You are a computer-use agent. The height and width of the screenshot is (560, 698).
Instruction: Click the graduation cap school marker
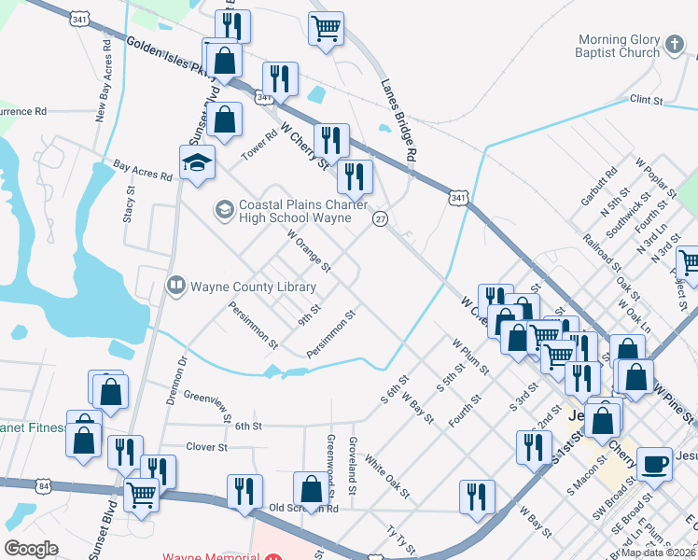tap(197, 164)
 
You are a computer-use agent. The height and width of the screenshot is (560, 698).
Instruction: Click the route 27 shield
tap(380, 218)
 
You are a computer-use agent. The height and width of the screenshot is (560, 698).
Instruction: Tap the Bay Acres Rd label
tap(143, 169)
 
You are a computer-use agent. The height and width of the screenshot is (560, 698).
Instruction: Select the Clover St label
tap(207, 447)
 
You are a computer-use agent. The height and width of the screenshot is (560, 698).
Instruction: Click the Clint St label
tap(646, 99)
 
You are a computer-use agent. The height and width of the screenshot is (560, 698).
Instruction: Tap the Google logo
tap(32, 549)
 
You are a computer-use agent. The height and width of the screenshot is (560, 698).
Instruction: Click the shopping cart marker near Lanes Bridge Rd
tap(326, 29)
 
